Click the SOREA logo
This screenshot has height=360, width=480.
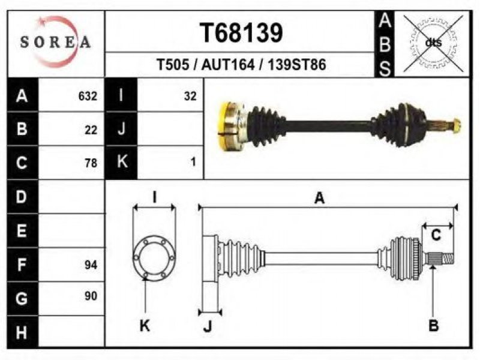coord(55,41)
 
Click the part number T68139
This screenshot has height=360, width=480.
coord(240,33)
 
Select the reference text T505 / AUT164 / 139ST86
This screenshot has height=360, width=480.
coord(241,65)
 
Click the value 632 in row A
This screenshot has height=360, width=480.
coord(88,96)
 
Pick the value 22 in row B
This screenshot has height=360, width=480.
coord(91,129)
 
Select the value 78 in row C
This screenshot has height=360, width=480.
coord(91,162)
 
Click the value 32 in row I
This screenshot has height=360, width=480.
coord(190,96)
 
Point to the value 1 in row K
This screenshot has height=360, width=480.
coord(193,162)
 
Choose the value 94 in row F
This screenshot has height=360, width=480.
coord(91,264)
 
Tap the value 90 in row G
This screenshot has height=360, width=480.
coord(91,296)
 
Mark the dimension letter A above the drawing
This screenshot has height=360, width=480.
coord(320,198)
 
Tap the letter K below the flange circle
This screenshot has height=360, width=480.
coord(145,326)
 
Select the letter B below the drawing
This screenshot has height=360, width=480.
coord(433,326)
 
